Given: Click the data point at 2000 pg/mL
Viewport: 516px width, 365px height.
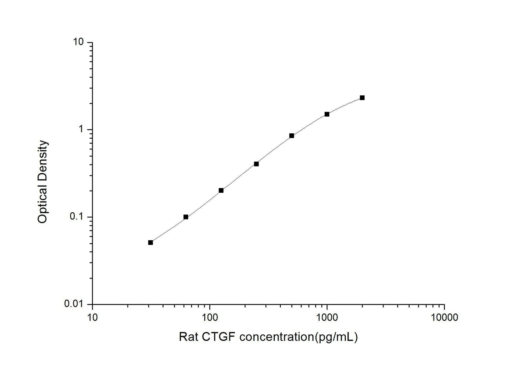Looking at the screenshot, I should pos(362,98).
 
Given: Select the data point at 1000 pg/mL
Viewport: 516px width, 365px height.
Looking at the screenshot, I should pos(327,114).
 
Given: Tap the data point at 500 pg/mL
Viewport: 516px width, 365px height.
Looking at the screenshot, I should pos(291,135).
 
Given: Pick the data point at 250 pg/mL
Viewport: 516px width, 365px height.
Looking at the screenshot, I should pos(256,164).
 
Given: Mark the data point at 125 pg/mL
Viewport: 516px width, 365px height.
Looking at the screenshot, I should pos(221,190).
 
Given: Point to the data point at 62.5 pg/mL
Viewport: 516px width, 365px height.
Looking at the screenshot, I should pos(186,217).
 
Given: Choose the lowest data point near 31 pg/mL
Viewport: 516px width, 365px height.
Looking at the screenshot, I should pos(150,242).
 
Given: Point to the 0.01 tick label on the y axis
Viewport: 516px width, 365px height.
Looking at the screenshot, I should pos(76,304).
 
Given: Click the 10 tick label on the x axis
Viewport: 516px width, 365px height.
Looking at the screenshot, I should pos(92,317).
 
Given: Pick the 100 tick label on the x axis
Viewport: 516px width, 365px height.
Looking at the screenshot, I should pos(210,317).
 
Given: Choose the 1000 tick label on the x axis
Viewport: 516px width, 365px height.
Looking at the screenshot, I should pos(327,317).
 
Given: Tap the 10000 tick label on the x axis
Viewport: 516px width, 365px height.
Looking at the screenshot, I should pos(444,317).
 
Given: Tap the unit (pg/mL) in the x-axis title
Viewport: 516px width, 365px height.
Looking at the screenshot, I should pos(335,337).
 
